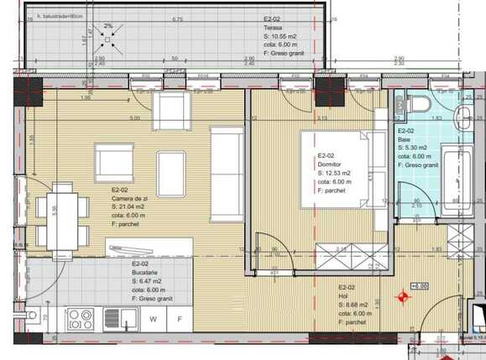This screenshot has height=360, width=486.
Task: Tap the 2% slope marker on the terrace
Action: point(107,26)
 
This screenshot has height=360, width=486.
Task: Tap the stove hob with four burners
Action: point(81,320)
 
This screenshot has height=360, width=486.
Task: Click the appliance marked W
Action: point(154,320)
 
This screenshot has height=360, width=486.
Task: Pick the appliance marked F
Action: point(179,320)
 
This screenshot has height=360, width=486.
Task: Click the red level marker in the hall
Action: point(404,297)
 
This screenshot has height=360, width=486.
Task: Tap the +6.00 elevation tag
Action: point(417,285)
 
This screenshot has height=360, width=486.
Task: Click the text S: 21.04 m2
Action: point(133,207)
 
